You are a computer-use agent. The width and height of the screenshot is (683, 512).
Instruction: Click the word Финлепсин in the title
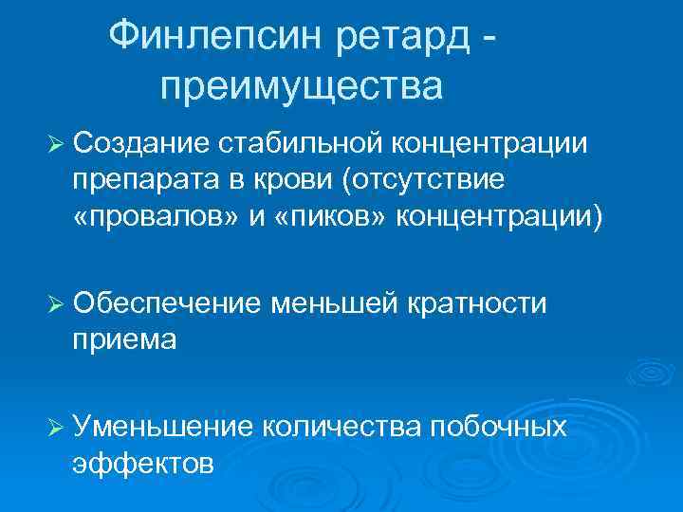(x=217, y=37)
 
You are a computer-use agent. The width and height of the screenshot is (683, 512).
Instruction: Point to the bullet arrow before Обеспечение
(x=54, y=304)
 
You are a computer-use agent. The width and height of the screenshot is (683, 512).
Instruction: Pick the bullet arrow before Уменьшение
(x=54, y=428)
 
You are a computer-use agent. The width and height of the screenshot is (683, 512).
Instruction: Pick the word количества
(x=341, y=427)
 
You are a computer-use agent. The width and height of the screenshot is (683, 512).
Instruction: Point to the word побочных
(x=499, y=427)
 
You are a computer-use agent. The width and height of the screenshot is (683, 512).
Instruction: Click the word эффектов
(x=143, y=463)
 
